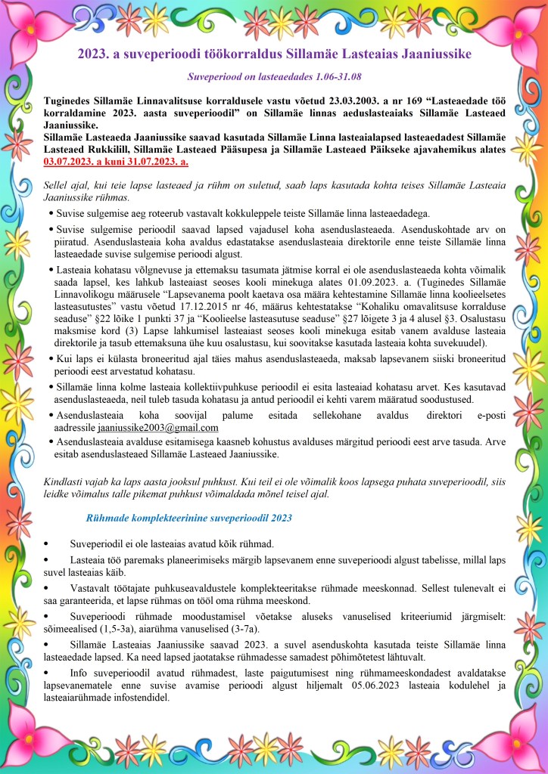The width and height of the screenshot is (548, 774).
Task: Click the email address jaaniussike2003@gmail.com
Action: click(152, 427)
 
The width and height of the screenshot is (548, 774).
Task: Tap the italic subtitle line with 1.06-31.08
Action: click(274, 77)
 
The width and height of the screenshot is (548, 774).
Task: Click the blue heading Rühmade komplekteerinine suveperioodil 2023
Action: click(189, 518)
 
